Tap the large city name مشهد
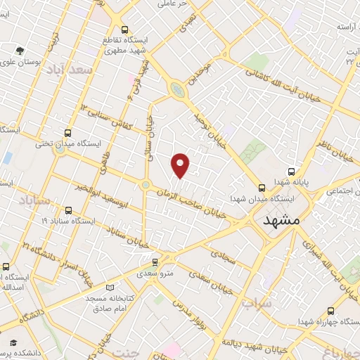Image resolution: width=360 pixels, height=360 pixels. pos(281,221)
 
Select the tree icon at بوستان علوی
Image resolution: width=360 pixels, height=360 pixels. pos(20,50)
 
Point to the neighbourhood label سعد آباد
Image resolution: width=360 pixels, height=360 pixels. pos(70,70)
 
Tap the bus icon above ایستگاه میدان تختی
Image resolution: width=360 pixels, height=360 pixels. pos(67,132)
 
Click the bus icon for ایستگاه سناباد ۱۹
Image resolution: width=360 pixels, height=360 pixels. pos(67,210)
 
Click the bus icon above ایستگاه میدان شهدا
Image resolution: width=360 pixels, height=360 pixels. pos(262,188)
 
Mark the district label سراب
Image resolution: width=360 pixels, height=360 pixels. pos(257,304)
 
